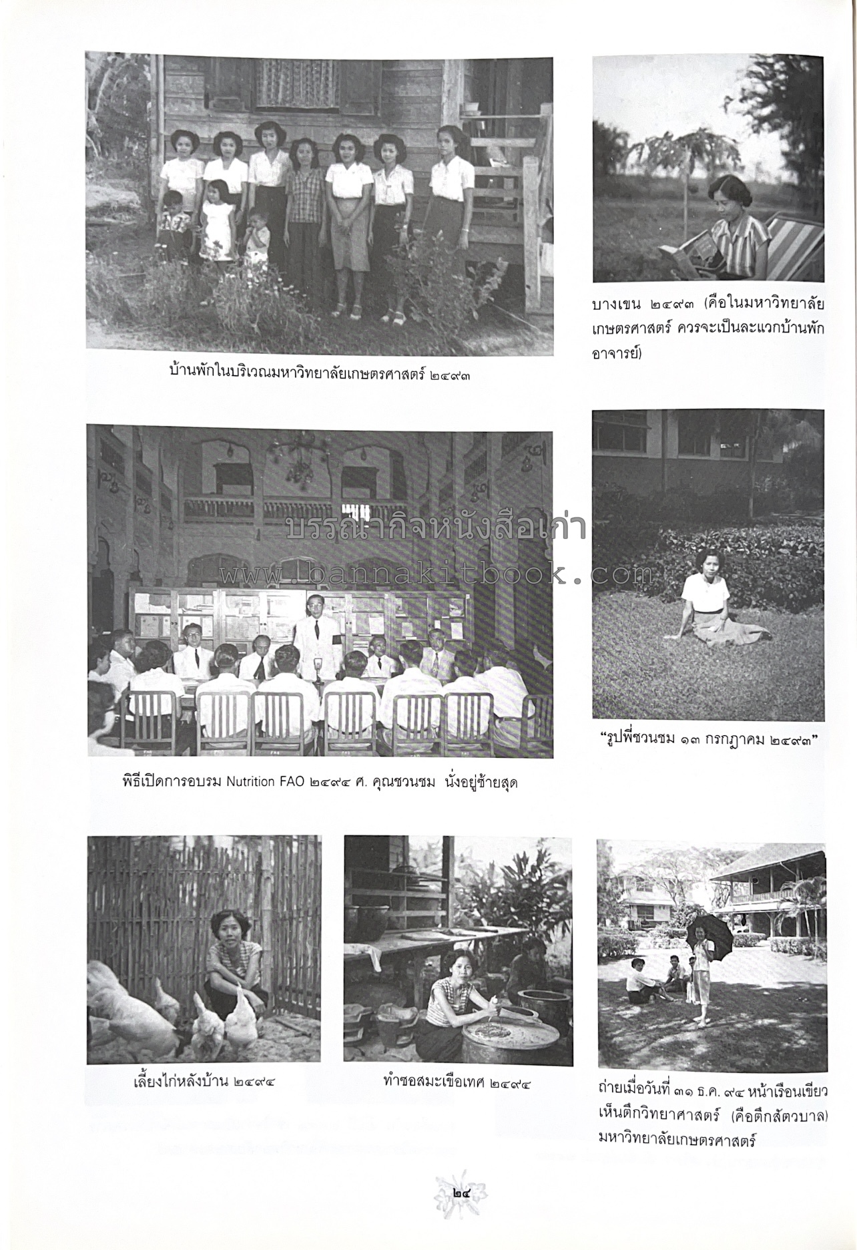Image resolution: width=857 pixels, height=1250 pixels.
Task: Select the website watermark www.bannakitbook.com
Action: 437,573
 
